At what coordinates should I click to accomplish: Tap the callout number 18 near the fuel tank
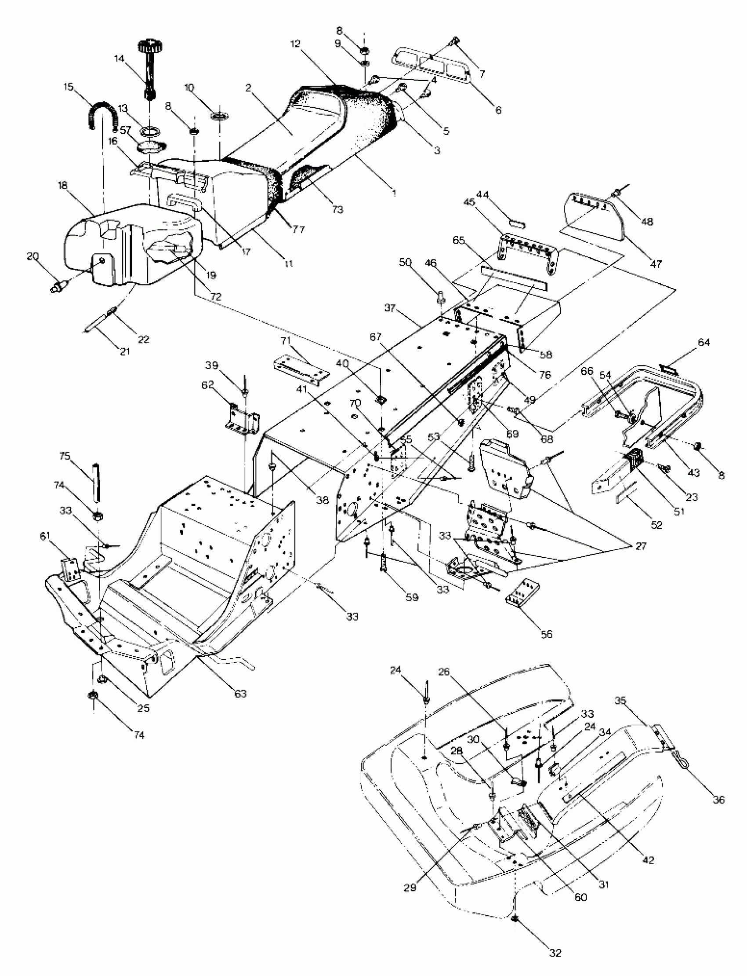point(62,186)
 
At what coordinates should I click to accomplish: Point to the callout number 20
point(33,256)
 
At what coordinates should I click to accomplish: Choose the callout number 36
point(718,800)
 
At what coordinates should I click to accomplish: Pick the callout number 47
point(656,263)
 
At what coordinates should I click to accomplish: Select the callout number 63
point(240,693)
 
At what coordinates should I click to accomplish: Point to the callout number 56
point(547,633)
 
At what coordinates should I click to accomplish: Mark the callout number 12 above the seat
point(296,44)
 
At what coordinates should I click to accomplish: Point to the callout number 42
point(649,860)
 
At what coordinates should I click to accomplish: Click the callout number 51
point(679,511)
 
